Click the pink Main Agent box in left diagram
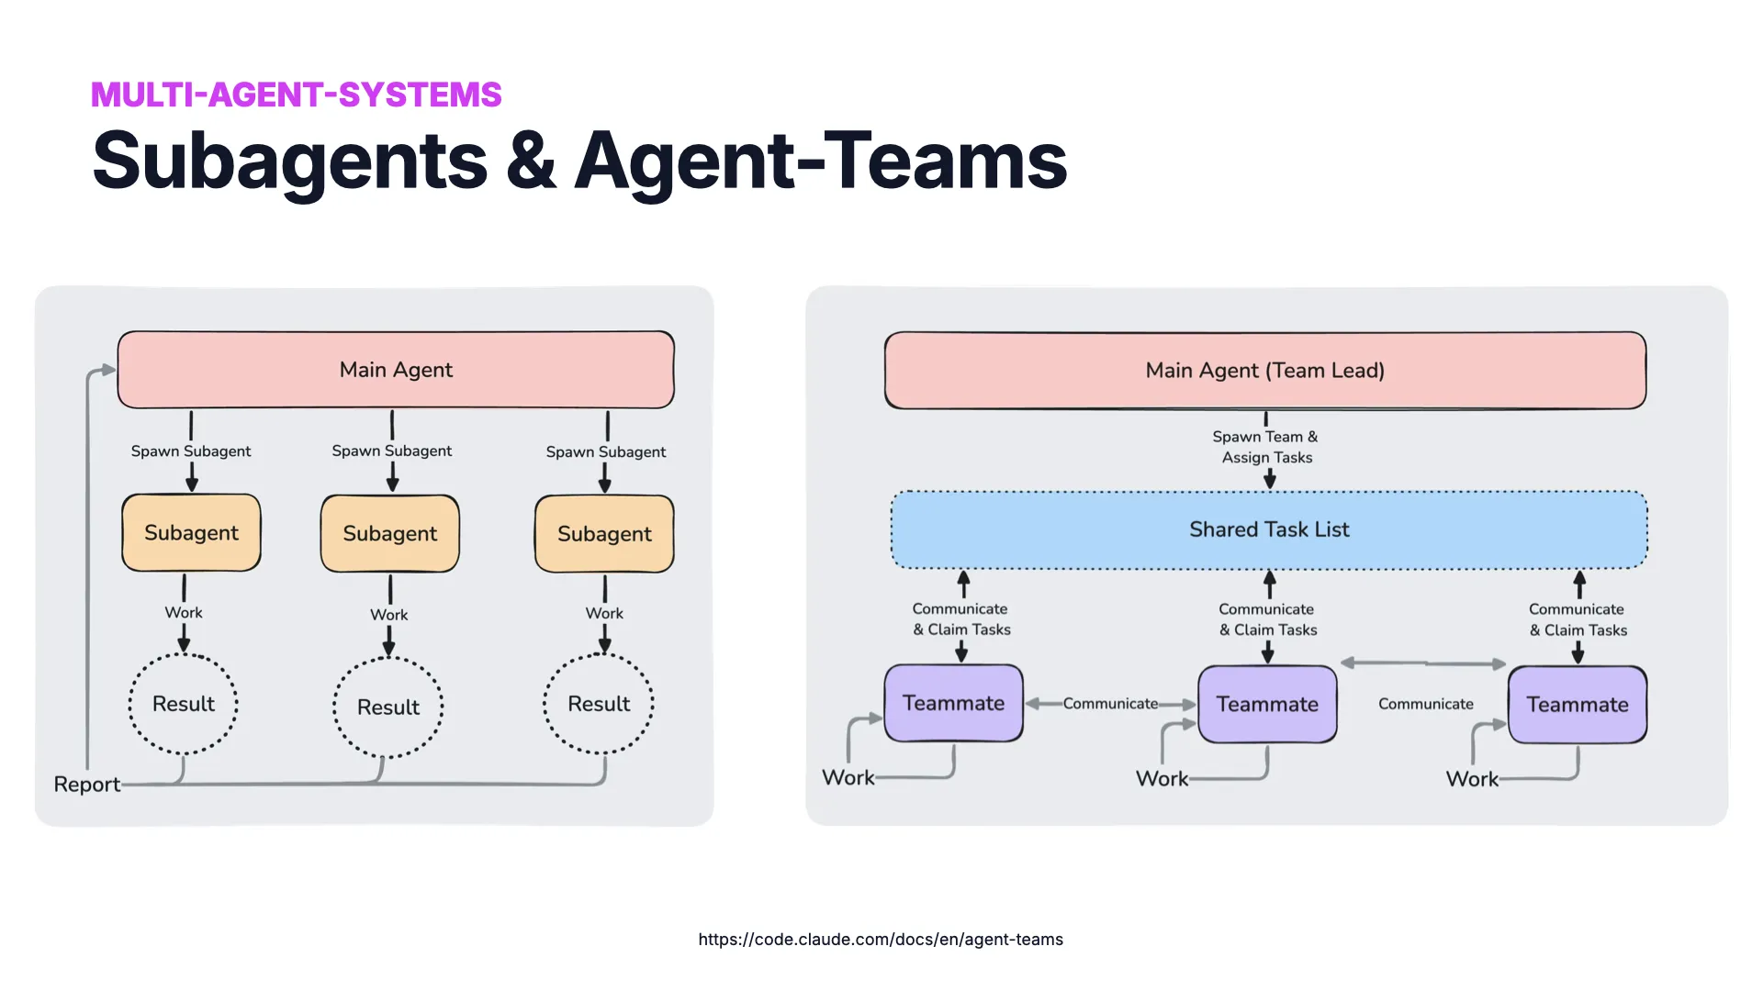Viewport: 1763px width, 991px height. coord(396,370)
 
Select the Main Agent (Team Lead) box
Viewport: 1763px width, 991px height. coord(1264,371)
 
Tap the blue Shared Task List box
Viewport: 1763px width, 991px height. coord(1269,529)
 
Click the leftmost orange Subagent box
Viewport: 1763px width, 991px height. coord(191,533)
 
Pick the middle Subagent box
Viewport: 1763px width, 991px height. coord(389,534)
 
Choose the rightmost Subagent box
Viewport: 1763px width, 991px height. coord(604,534)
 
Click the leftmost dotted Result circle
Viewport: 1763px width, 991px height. coord(184,704)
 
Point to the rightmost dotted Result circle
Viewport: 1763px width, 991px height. coord(599,704)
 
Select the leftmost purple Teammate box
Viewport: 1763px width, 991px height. coord(953,703)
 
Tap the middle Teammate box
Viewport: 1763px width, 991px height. coord(1267,704)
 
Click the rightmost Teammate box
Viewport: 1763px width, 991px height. coord(1577,705)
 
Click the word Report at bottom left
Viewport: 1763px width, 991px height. coord(86,785)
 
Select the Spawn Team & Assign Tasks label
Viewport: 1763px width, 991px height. coord(1265,447)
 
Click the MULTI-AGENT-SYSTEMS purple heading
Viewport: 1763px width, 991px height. coord(296,95)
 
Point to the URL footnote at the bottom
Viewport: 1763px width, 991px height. coord(880,939)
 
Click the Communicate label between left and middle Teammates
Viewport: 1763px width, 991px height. coord(1109,704)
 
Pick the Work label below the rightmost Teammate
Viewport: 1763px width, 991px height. coord(1471,779)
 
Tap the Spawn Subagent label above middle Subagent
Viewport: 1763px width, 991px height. coord(391,451)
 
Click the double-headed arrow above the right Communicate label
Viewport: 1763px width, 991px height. coord(1423,663)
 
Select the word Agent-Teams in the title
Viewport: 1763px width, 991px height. coord(820,161)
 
